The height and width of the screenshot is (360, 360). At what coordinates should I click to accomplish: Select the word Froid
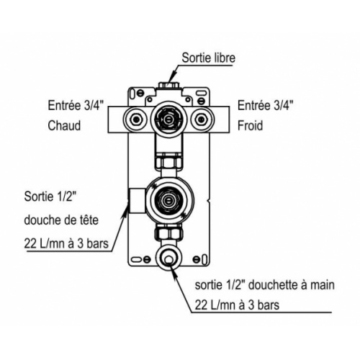click(x=253, y=125)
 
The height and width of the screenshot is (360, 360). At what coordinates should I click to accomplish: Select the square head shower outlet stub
click(x=135, y=200)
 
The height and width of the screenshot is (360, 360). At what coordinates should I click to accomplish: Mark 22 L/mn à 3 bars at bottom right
click(x=237, y=305)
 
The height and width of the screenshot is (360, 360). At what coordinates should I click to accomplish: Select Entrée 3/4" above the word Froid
click(x=264, y=104)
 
